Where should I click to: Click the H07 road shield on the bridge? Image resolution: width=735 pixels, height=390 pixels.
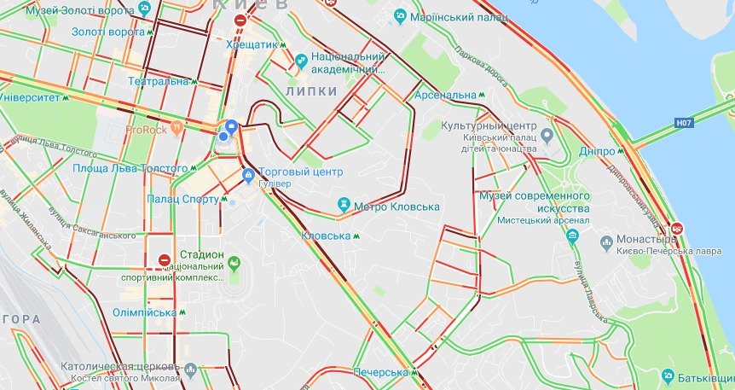[x=682, y=123]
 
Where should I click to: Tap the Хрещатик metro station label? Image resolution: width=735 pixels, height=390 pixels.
[x=256, y=44]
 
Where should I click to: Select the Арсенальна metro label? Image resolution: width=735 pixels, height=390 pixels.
[x=445, y=95]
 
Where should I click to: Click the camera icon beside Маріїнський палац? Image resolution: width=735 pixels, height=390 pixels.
[x=400, y=16]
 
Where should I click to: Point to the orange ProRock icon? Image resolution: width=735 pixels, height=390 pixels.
[x=177, y=130]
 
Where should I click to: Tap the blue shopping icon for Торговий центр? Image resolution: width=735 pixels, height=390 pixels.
[x=248, y=178]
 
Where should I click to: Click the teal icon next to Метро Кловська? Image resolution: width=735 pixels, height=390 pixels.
[x=344, y=206]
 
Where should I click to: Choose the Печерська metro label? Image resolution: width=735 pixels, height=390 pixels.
[x=382, y=373]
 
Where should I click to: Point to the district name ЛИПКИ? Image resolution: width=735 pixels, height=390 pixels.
[x=312, y=90]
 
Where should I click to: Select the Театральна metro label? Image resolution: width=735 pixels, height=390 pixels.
[x=158, y=82]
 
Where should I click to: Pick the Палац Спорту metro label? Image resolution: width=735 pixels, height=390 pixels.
[x=188, y=200]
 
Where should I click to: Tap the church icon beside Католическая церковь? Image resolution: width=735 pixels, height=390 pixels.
[x=189, y=370]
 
